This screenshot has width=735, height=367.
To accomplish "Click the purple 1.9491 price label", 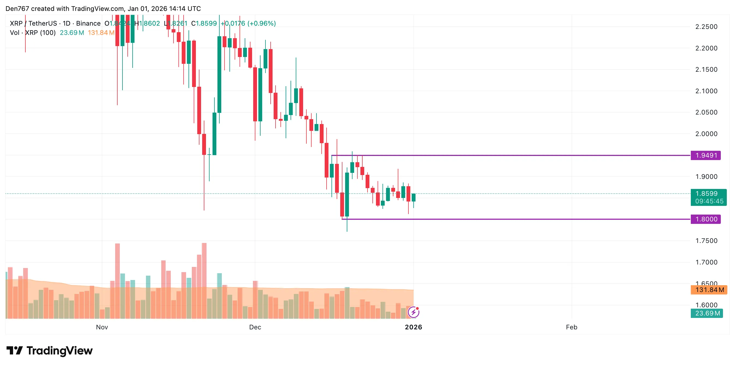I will pyautogui.click(x=705, y=155).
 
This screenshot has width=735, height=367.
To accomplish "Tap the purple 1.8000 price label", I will pyautogui.click(x=705, y=219).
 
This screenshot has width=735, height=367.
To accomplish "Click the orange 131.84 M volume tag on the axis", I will pyautogui.click(x=709, y=290).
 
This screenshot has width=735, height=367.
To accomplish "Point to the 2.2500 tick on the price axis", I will pyautogui.click(x=706, y=27).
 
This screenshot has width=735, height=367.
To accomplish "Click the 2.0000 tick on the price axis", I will pyautogui.click(x=706, y=134).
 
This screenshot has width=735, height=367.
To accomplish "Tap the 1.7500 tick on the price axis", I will pyautogui.click(x=706, y=241).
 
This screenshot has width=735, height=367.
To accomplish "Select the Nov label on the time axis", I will pyautogui.click(x=102, y=327).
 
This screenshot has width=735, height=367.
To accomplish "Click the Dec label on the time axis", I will pyautogui.click(x=255, y=327).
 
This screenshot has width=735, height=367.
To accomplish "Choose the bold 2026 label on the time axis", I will pyautogui.click(x=413, y=327).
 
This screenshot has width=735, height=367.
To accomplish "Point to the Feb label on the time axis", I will pyautogui.click(x=572, y=327).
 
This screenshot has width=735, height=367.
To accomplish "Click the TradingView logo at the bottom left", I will pyautogui.click(x=50, y=350).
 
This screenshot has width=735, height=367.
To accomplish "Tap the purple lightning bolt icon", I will pyautogui.click(x=413, y=312).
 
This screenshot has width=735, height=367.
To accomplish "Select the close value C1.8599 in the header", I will pyautogui.click(x=204, y=23).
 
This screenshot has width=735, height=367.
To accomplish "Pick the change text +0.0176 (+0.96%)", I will pyautogui.click(x=248, y=23).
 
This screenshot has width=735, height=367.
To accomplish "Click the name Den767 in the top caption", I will pyautogui.click(x=17, y=8).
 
